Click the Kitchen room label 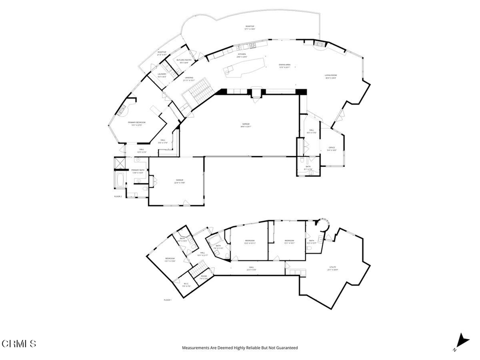[x=242, y=54]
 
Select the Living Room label [x=331, y=75]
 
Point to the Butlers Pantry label [x=184, y=60]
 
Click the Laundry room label [x=162, y=74]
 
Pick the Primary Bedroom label [x=137, y=122]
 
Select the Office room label [x=331, y=147]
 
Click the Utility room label [x=332, y=267]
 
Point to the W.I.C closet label [x=186, y=283]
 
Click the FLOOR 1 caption [x=168, y=300]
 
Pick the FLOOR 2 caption [x=118, y=196]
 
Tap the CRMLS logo [x=19, y=344]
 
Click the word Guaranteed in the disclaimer [x=286, y=348]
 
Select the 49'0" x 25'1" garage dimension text [x=247, y=126]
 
